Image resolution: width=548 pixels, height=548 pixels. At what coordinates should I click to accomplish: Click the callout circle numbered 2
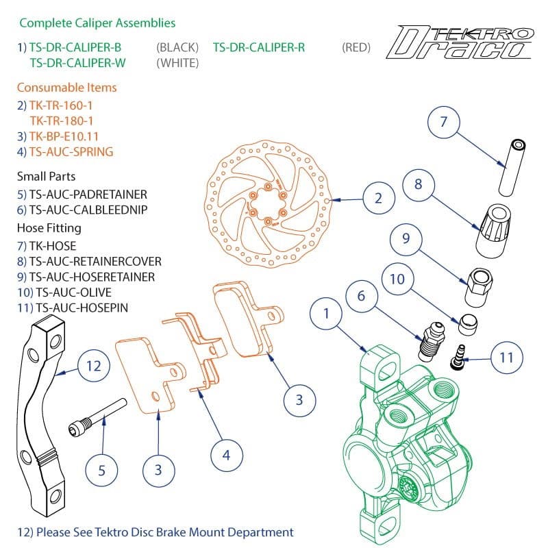click(377, 199)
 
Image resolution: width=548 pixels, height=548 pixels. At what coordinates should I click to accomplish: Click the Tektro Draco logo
click(460, 42)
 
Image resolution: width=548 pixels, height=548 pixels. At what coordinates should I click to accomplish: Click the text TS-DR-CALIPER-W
click(75, 62)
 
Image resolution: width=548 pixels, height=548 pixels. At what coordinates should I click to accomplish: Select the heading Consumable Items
click(66, 88)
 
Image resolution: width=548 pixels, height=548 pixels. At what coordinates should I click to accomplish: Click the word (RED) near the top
click(356, 47)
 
